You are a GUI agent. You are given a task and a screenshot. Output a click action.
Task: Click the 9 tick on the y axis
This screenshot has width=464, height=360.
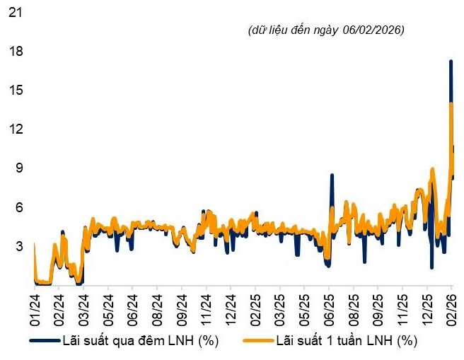click(x=18, y=168)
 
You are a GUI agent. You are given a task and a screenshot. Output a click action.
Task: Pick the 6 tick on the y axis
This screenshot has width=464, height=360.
click(x=18, y=207)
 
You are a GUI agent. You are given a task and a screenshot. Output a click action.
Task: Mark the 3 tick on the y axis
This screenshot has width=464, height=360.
click(x=18, y=246)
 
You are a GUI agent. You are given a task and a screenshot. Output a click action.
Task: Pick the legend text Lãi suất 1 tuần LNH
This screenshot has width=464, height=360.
click(x=346, y=341)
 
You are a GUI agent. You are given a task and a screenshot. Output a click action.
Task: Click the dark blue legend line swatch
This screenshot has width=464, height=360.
click(x=44, y=341)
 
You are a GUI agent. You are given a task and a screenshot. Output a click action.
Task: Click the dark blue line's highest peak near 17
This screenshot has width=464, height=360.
click(x=451, y=62)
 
